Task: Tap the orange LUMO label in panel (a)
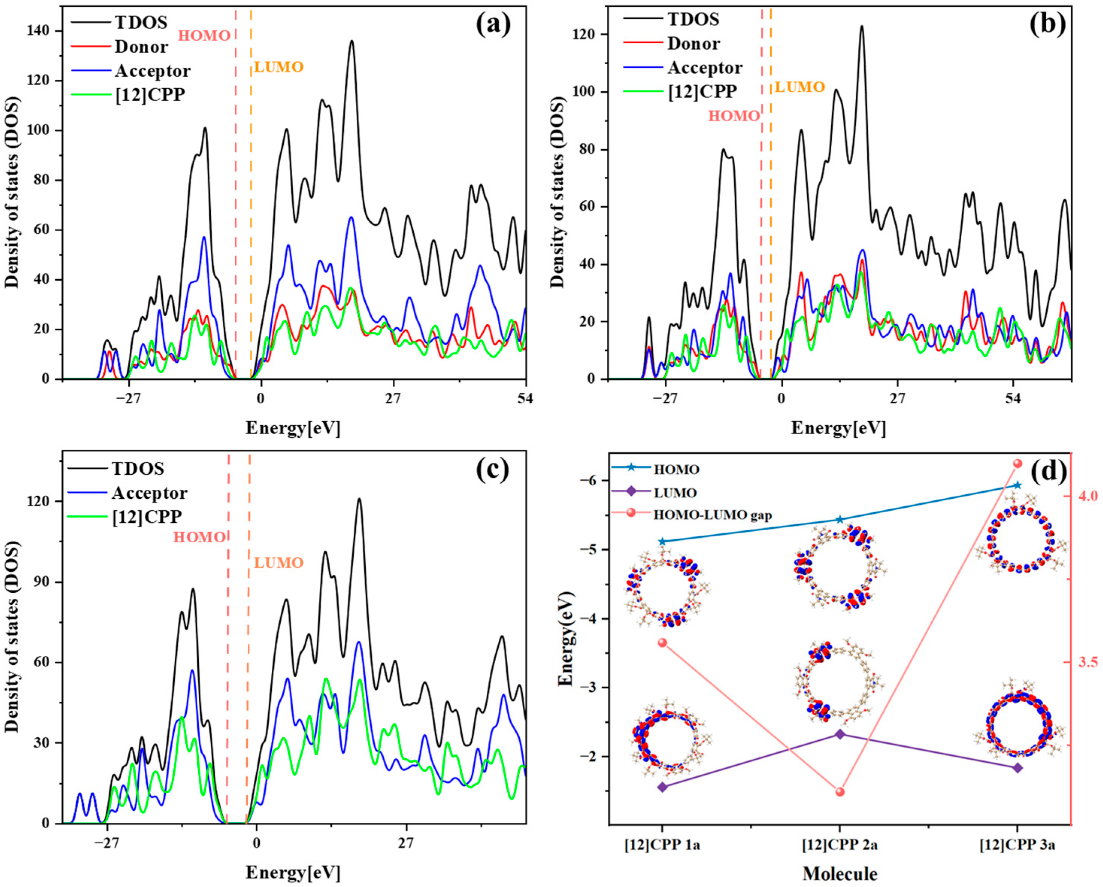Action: pyautogui.click(x=279, y=67)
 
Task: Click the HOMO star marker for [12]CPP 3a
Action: pyautogui.click(x=1017, y=485)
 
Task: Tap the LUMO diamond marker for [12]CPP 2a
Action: pyautogui.click(x=840, y=734)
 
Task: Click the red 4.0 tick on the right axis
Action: pyautogui.click(x=1086, y=496)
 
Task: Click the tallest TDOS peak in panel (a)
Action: pyautogui.click(x=351, y=42)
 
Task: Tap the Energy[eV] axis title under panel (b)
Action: pyautogui.click(x=838, y=428)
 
